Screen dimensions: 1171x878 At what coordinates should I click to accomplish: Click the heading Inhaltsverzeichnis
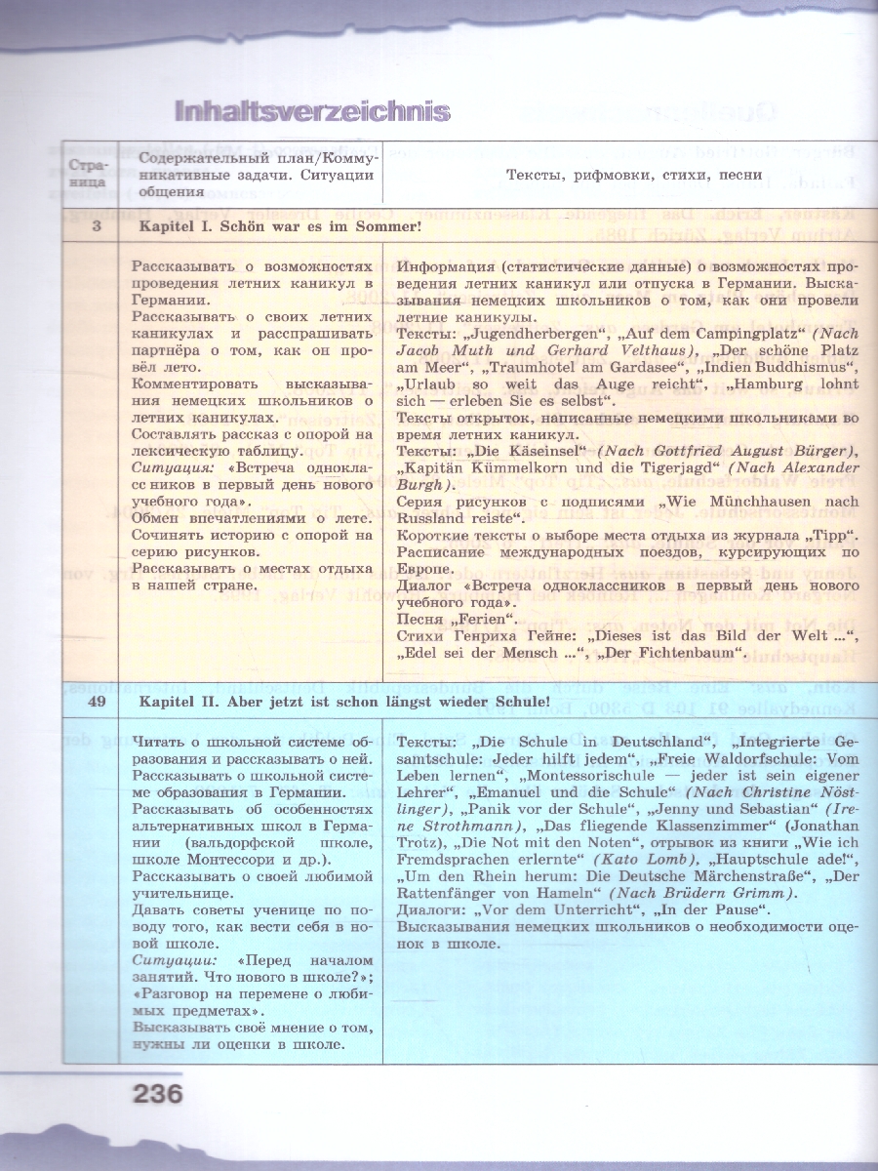[x=311, y=111]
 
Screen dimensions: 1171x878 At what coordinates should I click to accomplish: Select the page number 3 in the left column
[x=92, y=227]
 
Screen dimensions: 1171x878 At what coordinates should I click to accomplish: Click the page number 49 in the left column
[x=92, y=701]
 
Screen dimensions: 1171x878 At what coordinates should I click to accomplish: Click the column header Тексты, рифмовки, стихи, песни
[x=634, y=176]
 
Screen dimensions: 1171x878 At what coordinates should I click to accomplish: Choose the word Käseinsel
[x=536, y=450]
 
